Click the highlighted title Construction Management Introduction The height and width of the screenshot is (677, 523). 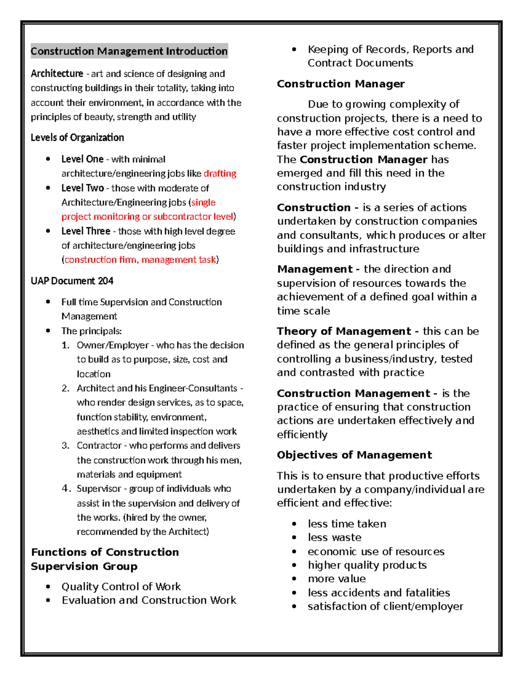(129, 51)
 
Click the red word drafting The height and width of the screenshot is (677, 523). (220, 174)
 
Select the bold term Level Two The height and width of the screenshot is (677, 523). (82, 188)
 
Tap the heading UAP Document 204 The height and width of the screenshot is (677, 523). (72, 281)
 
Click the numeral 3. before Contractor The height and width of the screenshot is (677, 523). (65, 446)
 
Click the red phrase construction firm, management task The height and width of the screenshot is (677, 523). (140, 260)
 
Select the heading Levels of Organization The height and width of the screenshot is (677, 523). (77, 137)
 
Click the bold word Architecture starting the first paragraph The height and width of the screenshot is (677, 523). (57, 74)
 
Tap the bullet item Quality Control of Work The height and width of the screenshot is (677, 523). (121, 586)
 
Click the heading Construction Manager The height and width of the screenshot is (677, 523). (341, 84)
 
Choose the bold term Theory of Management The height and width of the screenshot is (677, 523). (344, 331)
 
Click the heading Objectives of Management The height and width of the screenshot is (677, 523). (354, 455)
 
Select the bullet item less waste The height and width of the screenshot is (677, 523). (334, 538)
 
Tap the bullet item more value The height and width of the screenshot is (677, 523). (336, 578)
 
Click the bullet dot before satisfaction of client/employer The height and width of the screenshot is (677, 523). (295, 606)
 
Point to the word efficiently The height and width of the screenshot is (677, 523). (302, 435)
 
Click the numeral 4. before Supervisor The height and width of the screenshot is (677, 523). (66, 489)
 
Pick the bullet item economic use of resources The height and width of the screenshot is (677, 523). (376, 551)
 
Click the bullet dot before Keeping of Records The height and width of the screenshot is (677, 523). (295, 50)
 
